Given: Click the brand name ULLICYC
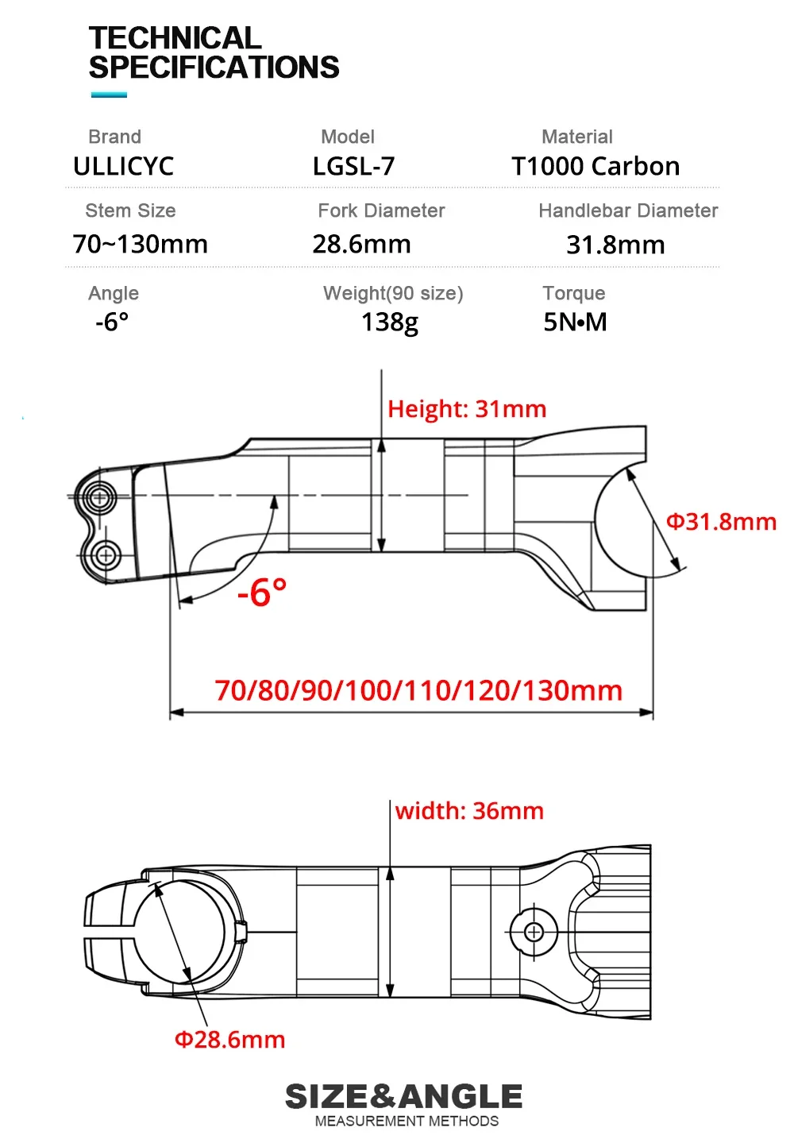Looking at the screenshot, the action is pyautogui.click(x=123, y=167).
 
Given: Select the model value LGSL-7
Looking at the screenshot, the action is pyautogui.click(x=354, y=167).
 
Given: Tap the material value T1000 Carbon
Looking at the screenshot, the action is pyautogui.click(x=595, y=167).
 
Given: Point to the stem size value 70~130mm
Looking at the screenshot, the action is pyautogui.click(x=140, y=244).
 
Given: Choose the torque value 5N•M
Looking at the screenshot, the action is pyautogui.click(x=575, y=322).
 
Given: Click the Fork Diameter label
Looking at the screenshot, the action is pyautogui.click(x=381, y=210).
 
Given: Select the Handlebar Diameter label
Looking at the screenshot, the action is pyautogui.click(x=628, y=210).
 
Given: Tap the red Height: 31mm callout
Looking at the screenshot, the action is pyautogui.click(x=467, y=409).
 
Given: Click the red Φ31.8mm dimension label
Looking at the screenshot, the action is pyautogui.click(x=721, y=522).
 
